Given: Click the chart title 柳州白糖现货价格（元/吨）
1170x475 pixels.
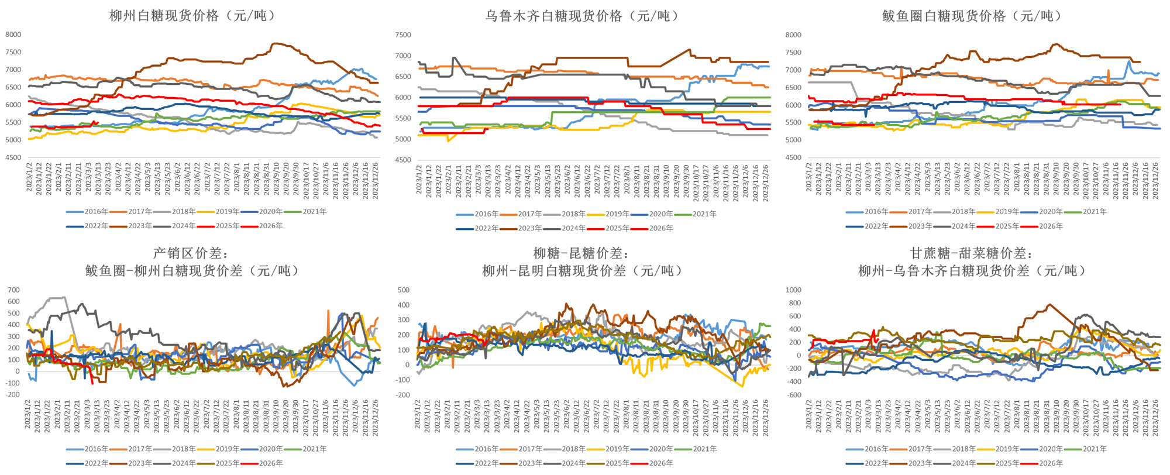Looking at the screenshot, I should (x=192, y=16).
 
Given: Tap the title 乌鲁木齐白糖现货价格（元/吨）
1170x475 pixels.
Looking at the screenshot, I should (x=583, y=16).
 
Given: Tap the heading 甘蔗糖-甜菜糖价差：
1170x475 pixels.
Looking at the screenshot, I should (x=972, y=253).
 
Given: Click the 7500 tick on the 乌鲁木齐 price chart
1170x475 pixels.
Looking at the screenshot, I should (x=403, y=35).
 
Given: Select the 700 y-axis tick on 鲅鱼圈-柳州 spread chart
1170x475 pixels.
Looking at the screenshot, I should (x=13, y=290).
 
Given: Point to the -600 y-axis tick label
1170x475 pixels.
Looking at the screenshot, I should (x=793, y=395).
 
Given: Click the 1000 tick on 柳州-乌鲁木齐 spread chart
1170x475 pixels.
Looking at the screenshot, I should (x=793, y=290).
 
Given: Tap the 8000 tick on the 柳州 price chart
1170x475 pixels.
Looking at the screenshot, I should (x=13, y=35).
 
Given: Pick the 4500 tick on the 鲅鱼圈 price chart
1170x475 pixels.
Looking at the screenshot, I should (x=793, y=157).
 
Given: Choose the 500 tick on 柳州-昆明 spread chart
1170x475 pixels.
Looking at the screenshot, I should (x=403, y=290).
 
